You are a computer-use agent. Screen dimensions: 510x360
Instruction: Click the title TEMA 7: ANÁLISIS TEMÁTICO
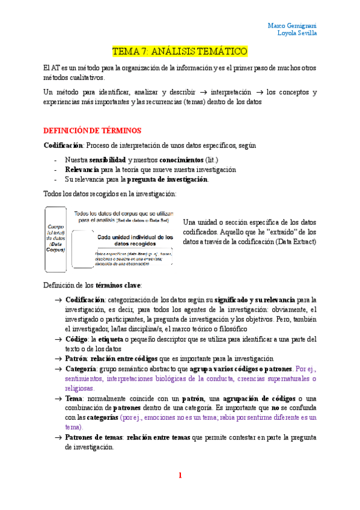tap(180, 52)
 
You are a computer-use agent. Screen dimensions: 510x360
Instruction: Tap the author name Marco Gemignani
tap(292, 25)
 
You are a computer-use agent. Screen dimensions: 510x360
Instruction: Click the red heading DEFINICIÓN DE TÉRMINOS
tap(92, 130)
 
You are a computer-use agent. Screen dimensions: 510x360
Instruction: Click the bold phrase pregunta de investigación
tap(168, 179)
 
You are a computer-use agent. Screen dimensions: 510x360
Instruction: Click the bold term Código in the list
tap(78, 340)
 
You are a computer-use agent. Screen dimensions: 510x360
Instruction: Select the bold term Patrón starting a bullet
tap(76, 358)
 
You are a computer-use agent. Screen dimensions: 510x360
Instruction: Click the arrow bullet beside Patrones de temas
tap(58, 438)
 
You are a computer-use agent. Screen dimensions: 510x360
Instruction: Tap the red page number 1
tap(179, 476)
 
